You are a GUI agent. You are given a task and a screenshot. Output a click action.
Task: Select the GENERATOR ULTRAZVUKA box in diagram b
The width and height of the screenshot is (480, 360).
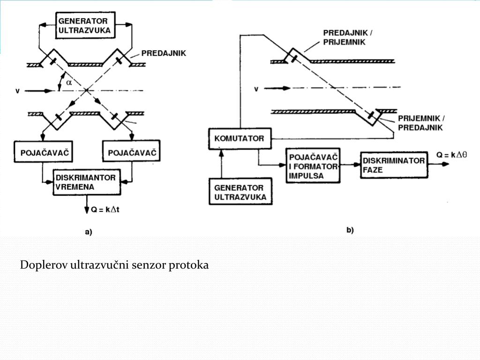pyautogui.click(x=240, y=192)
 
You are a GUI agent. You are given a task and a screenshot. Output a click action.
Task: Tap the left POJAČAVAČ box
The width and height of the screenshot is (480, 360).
pyautogui.click(x=42, y=153)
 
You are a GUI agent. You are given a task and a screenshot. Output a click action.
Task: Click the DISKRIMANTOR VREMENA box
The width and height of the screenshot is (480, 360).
pyautogui.click(x=86, y=182)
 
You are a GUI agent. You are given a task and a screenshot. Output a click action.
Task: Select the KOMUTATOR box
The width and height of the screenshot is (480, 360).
pyautogui.click(x=239, y=139)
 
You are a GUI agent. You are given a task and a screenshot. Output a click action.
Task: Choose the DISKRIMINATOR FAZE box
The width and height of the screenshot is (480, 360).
pyautogui.click(x=394, y=165)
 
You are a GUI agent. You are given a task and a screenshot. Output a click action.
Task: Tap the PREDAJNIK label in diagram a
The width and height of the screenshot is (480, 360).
pyautogui.click(x=164, y=53)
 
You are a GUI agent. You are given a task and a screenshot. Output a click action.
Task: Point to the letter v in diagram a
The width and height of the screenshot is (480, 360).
pyautogui.click(x=17, y=91)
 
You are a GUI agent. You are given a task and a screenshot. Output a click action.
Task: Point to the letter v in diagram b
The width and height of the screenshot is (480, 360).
pyautogui.click(x=256, y=89)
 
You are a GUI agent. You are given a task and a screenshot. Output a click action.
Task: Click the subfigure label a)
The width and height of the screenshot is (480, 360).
pyautogui.click(x=88, y=232)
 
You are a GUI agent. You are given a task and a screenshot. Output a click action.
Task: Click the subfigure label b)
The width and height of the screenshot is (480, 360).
pyautogui.click(x=350, y=230)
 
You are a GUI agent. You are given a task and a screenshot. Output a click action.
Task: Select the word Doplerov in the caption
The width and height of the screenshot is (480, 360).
pyautogui.click(x=44, y=265)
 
